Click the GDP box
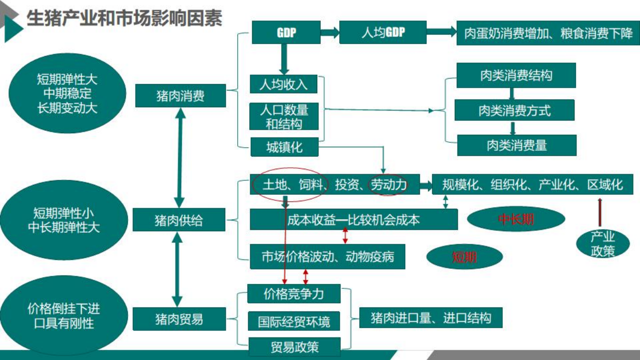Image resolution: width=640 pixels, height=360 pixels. coord(286,33)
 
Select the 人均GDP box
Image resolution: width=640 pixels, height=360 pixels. coord(383,33)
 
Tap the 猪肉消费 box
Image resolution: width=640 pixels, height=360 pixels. coord(180,96)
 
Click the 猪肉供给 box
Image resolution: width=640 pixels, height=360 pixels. coord(179,220)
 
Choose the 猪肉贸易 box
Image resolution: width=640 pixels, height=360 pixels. coord(179,319)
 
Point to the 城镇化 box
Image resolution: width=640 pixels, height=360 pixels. coord(284,147)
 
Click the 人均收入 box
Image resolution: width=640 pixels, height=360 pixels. coord(283,84)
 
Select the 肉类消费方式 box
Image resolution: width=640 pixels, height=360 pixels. coord(514,111)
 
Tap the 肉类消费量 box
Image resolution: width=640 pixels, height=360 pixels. coord(516,145)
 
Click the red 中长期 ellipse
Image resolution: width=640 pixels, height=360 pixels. coord(516,219)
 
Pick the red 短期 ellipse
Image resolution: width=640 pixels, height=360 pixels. coord(464,257)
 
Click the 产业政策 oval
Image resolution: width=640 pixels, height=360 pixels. coord(602,244)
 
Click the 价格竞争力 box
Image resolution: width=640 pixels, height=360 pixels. coord(294,294)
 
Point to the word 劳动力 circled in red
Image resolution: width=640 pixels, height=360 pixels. coord(388,185)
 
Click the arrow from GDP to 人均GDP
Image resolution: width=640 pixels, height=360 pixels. coord(330,33)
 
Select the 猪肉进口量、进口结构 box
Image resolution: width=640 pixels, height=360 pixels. coord(430,318)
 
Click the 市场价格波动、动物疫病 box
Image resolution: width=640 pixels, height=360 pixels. coord(327,257)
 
